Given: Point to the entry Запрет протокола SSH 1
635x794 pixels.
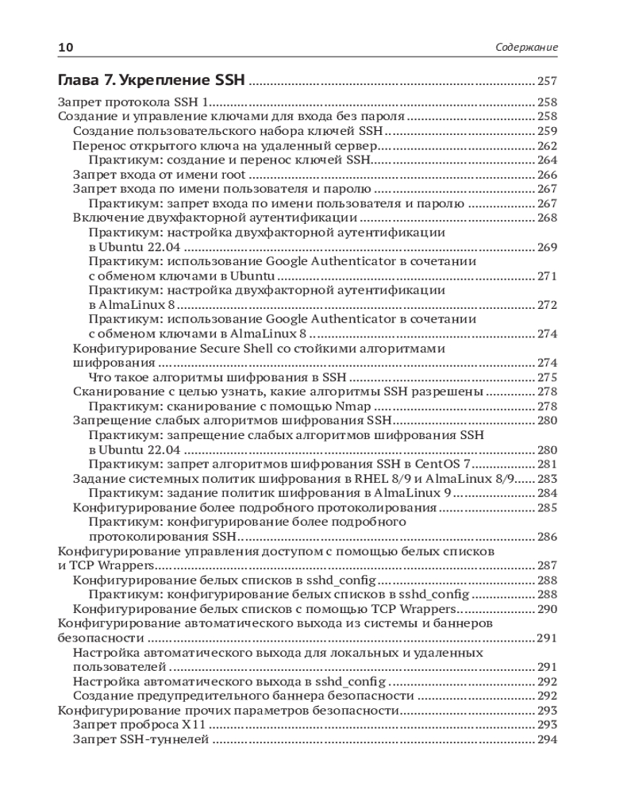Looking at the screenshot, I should click(133, 102).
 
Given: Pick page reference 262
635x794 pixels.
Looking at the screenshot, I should click(547, 146).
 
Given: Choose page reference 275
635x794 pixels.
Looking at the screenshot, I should click(547, 378).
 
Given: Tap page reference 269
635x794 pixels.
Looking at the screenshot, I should click(547, 248).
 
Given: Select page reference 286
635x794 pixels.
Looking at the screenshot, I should click(547, 537).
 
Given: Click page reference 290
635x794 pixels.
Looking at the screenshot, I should click(547, 609).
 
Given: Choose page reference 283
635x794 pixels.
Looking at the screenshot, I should click(547, 479).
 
